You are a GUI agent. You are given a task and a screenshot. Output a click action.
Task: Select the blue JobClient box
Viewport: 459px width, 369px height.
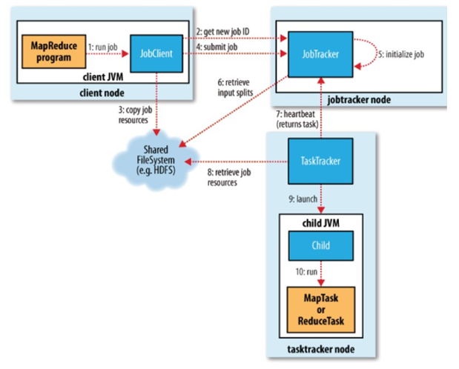click(x=151, y=53)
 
